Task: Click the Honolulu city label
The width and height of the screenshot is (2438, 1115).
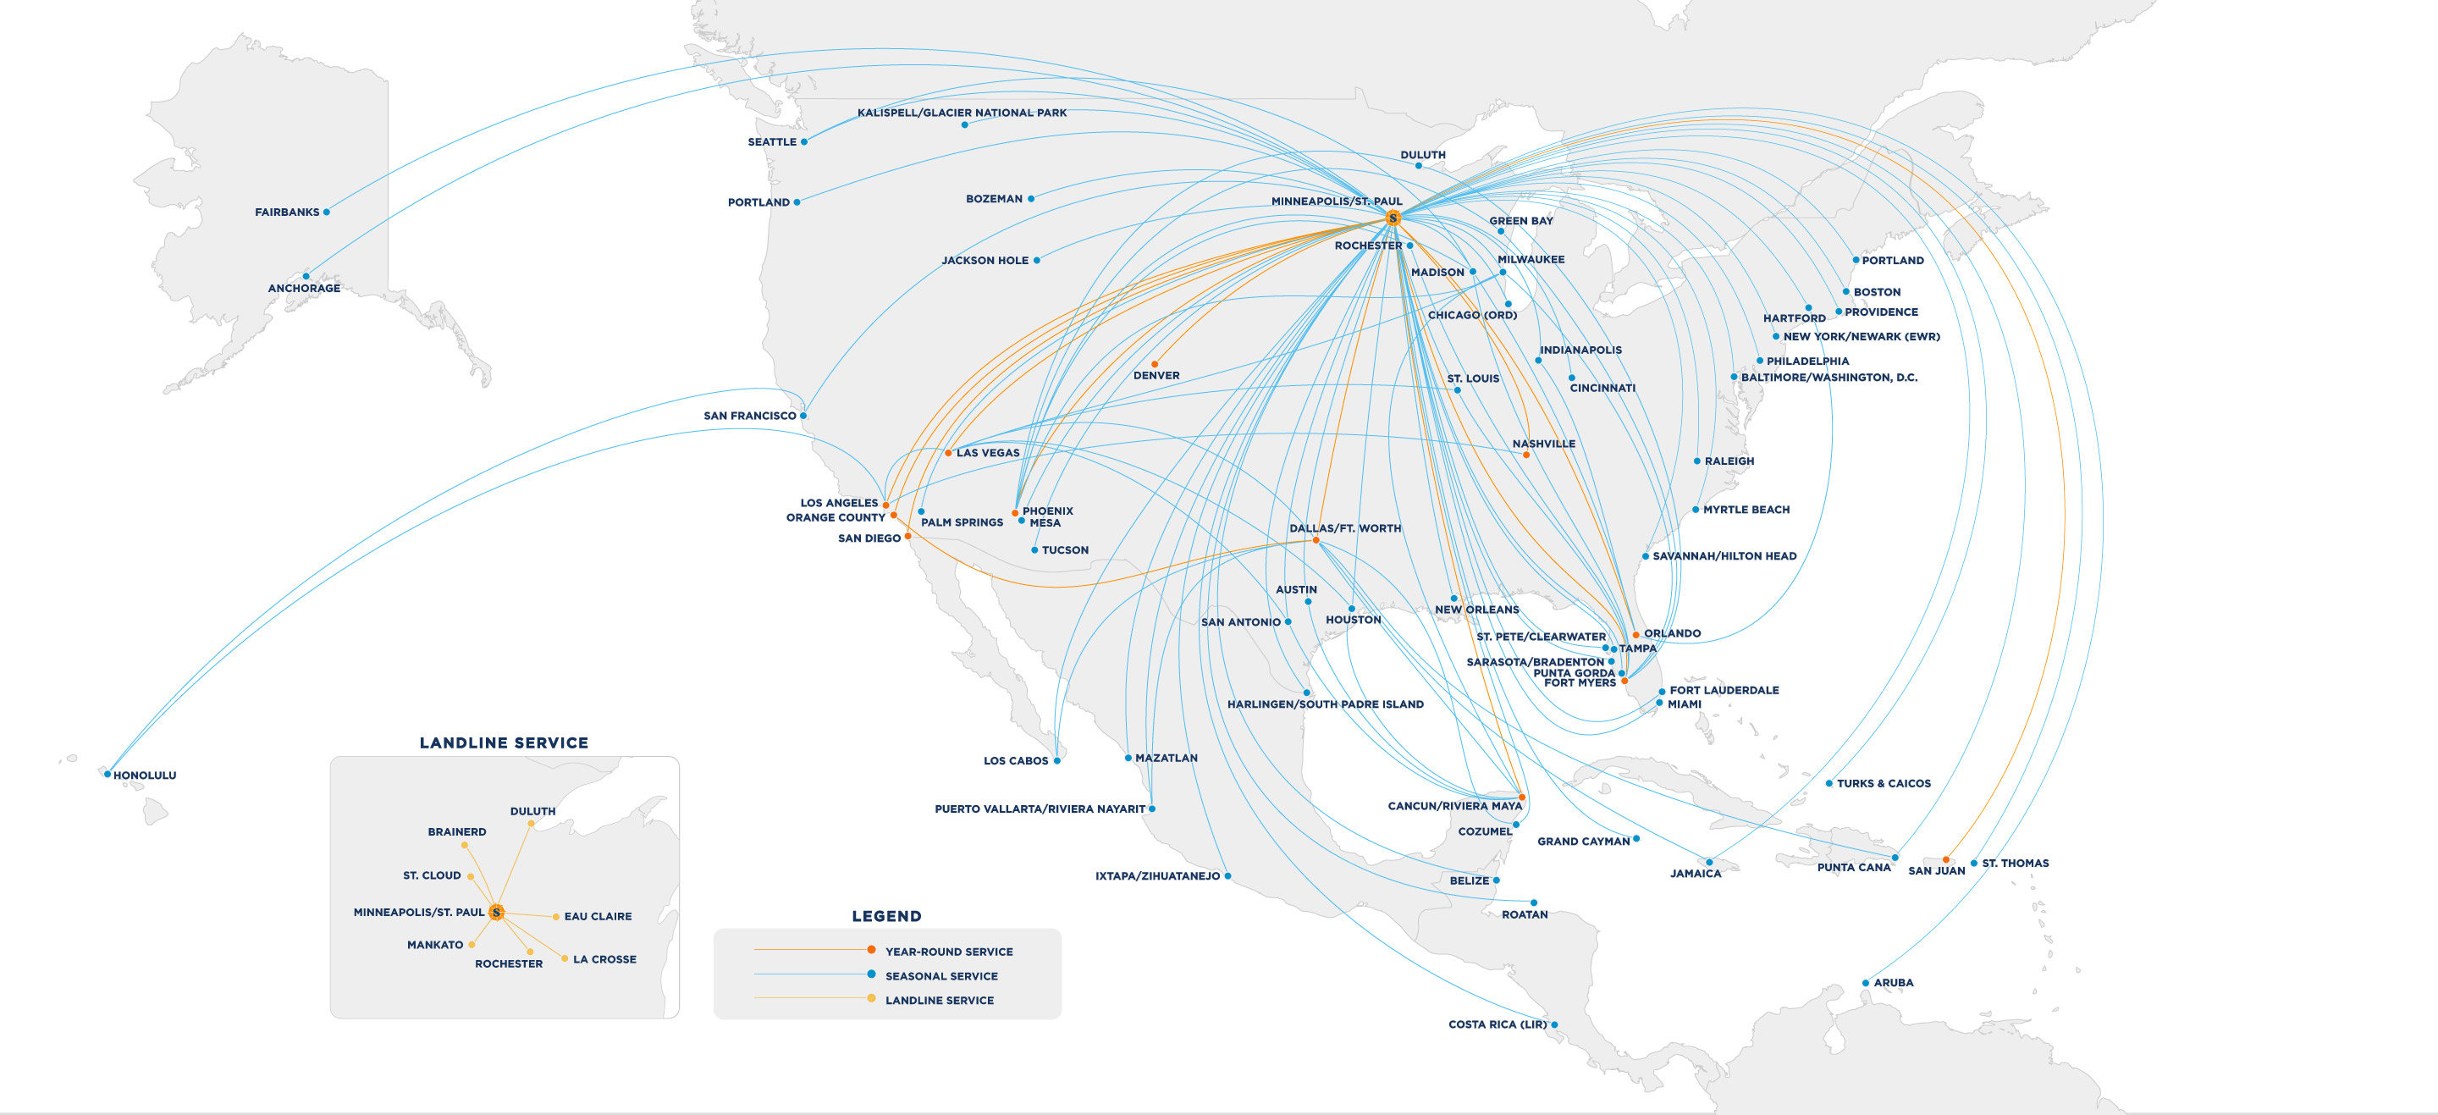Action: (145, 776)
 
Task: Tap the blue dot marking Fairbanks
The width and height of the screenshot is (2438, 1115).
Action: (327, 212)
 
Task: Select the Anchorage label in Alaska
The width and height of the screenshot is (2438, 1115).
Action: (304, 289)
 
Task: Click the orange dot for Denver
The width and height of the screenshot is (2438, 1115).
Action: (1155, 364)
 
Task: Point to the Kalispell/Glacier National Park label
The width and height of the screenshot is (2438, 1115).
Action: (962, 113)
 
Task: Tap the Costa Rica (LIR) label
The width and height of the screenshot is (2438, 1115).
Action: (1498, 1024)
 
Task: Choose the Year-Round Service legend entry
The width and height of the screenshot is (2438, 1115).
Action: (948, 952)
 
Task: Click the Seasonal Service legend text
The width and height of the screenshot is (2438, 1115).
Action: (940, 976)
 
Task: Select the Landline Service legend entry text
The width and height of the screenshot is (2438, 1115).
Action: (939, 1001)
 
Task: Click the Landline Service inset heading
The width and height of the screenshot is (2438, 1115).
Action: (504, 743)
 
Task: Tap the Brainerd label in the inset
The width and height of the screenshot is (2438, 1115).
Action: (457, 832)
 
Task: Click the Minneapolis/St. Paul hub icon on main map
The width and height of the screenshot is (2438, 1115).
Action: (1393, 218)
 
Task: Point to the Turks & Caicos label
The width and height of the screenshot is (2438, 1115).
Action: (1884, 784)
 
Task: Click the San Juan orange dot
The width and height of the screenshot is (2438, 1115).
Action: (1946, 859)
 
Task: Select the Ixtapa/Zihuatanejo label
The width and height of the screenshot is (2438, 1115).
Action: (1157, 876)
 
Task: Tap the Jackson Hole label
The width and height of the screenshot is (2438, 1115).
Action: (985, 260)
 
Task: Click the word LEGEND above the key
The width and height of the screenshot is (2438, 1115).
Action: (885, 916)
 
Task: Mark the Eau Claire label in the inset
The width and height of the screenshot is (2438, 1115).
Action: (597, 916)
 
